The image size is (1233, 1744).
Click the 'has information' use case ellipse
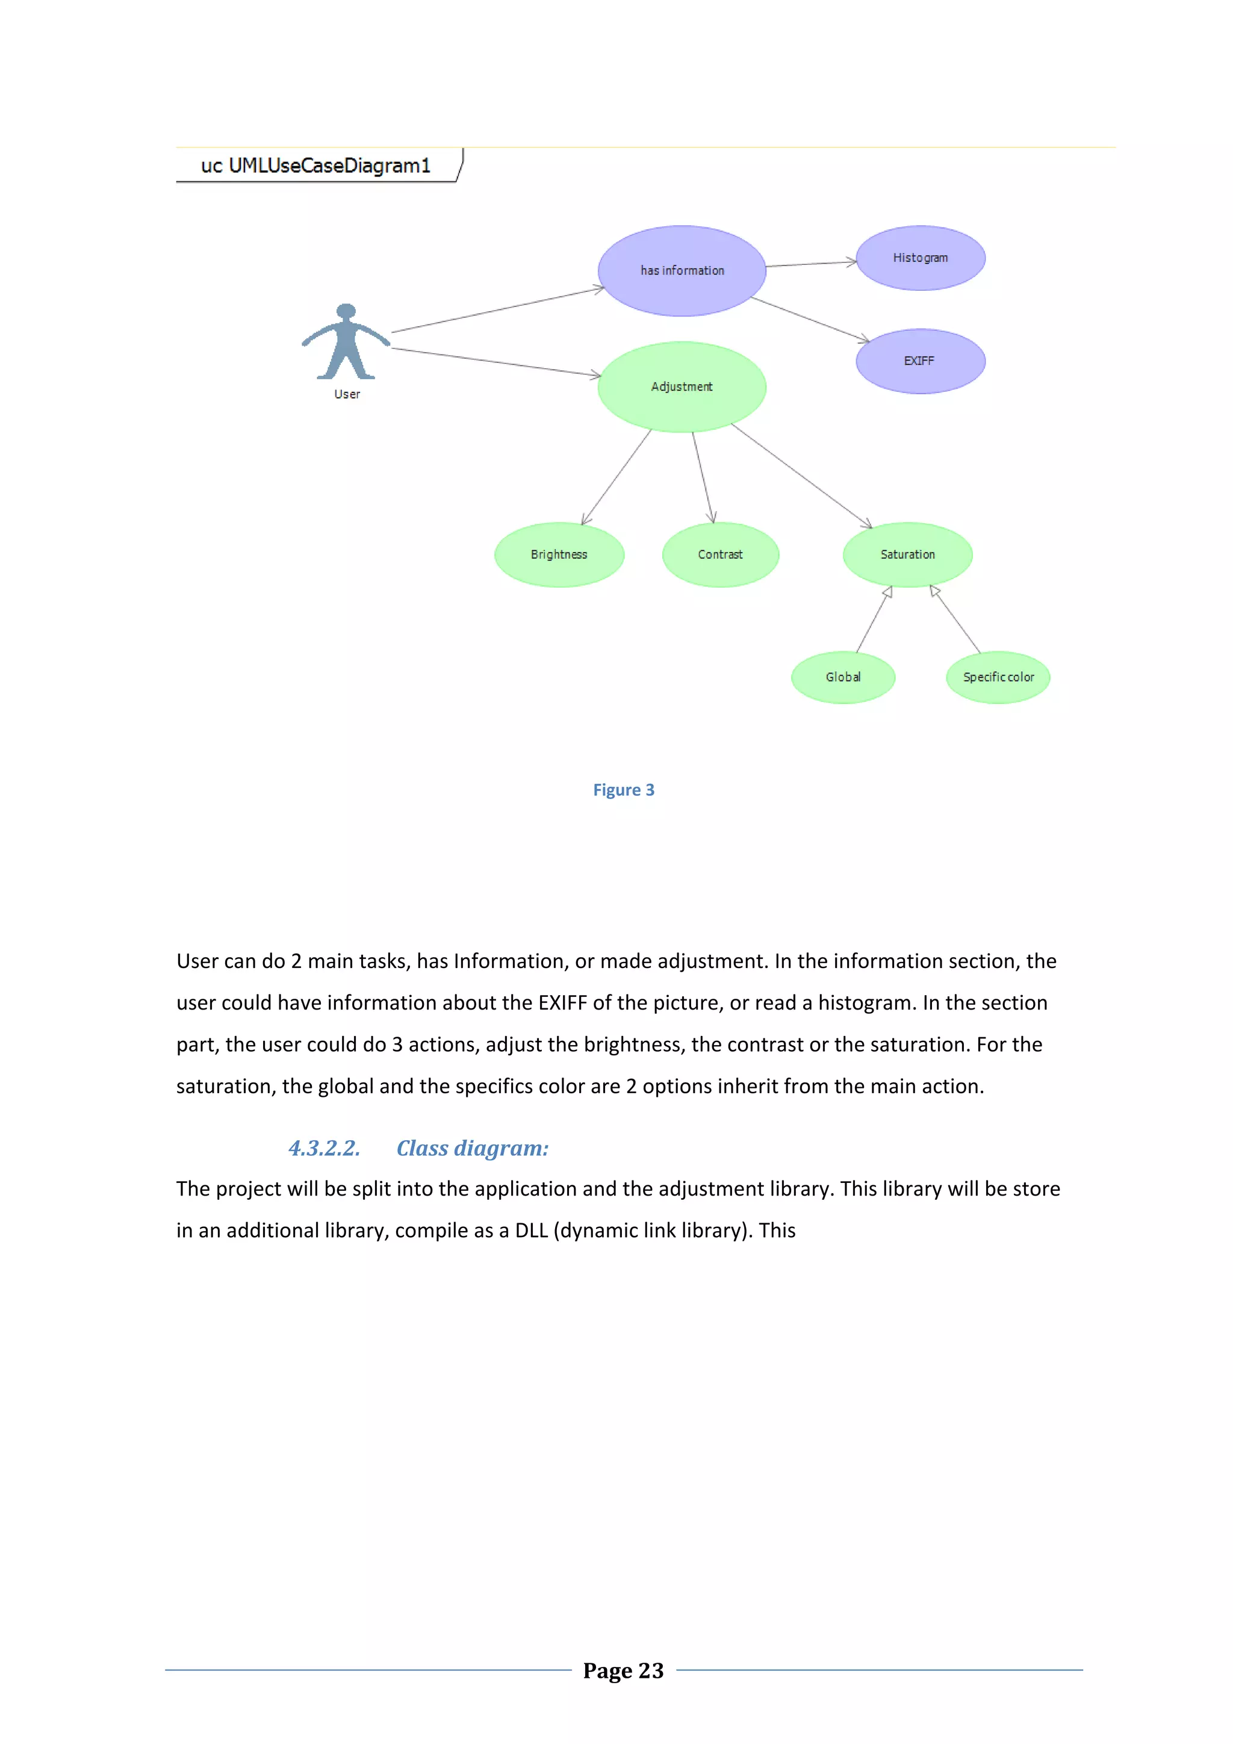click(x=682, y=270)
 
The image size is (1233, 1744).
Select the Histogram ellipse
click(x=920, y=258)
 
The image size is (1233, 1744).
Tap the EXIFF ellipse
click(x=920, y=361)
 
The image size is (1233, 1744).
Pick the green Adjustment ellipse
click(x=682, y=386)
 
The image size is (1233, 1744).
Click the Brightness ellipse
click(x=559, y=554)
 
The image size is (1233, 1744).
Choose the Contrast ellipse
click(x=720, y=554)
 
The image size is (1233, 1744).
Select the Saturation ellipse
click(x=907, y=554)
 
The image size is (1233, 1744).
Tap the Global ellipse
click(x=842, y=677)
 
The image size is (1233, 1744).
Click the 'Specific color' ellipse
click(x=998, y=677)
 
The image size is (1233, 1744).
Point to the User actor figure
click(x=346, y=343)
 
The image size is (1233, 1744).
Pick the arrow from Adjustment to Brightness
click(x=616, y=477)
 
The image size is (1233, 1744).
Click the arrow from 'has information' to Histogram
click(x=810, y=264)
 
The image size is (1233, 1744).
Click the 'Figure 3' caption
click(x=623, y=790)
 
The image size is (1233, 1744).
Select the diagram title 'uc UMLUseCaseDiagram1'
click(x=315, y=166)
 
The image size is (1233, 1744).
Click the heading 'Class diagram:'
click(x=472, y=1148)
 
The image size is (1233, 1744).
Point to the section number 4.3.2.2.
click(x=325, y=1148)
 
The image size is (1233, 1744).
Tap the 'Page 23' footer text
click(x=623, y=1671)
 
